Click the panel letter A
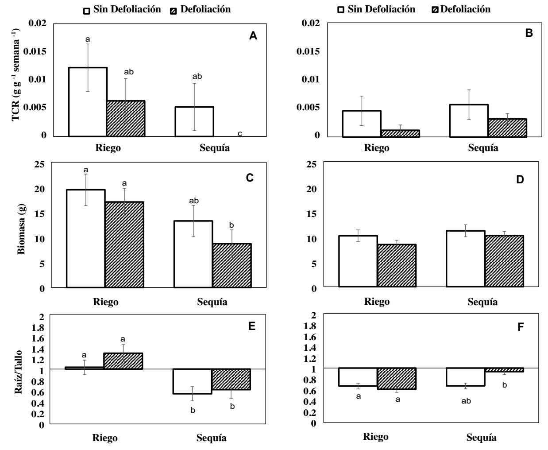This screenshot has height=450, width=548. point(253,36)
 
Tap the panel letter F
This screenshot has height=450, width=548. point(521,327)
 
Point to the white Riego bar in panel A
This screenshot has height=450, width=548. point(88,102)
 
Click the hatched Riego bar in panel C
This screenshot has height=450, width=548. point(124,244)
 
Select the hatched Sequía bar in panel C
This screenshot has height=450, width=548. point(232,265)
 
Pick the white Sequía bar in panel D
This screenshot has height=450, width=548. point(465,259)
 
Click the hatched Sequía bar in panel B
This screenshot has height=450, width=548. point(507,128)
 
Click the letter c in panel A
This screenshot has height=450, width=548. point(240,133)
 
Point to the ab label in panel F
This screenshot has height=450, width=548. point(466,401)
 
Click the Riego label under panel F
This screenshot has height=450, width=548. point(376,437)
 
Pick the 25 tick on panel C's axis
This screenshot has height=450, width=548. point(40,164)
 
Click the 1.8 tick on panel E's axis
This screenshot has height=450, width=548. point(39,328)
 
